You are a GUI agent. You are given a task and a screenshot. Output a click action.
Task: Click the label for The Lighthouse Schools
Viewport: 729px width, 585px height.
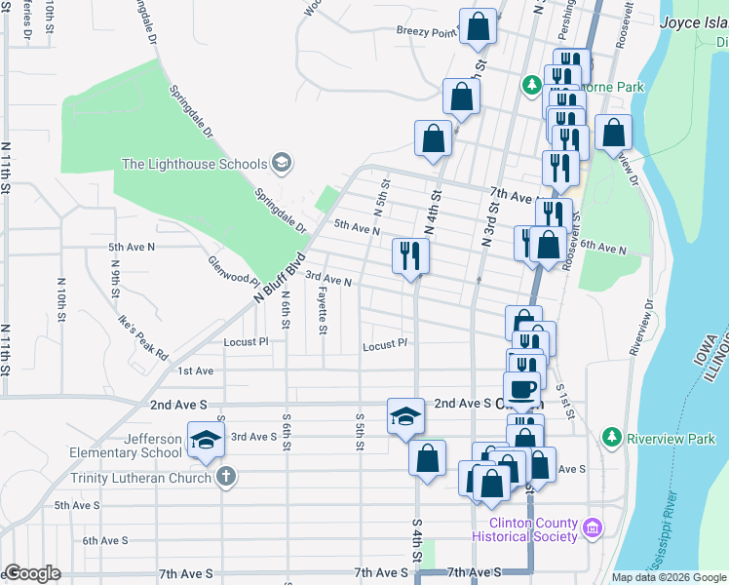195,163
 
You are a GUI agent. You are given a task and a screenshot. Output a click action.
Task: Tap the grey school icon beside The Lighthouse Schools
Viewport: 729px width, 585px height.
282,162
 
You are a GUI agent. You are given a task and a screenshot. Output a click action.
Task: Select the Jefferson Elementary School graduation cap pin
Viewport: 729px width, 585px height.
206,442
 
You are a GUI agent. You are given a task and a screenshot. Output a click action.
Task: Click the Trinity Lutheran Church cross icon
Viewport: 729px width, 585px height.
225,478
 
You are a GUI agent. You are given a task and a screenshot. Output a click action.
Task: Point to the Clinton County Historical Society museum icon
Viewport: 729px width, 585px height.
593,529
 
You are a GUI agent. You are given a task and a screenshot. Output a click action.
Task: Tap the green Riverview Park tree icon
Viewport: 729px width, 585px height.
611,438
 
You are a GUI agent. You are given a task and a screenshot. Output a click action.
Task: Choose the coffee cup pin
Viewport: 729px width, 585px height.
522,388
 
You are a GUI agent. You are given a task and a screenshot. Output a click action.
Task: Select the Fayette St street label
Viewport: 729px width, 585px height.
322,314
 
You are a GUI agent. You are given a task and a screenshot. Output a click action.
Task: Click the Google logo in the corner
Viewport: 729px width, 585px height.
32,573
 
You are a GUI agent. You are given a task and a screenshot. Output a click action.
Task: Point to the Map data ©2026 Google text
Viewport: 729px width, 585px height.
668,577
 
